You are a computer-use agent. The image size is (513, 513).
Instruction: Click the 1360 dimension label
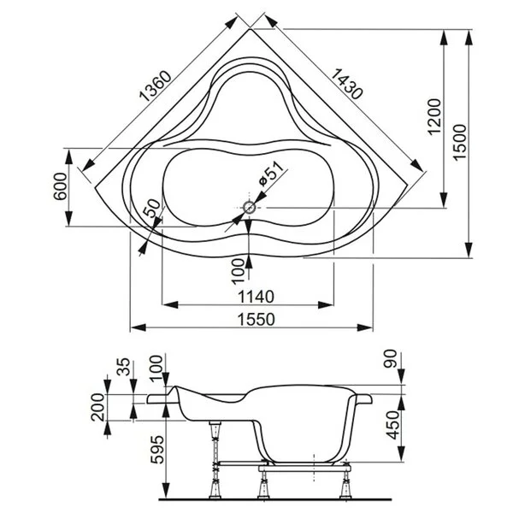click(x=156, y=85)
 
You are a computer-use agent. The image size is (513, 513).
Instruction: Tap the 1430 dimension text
click(x=347, y=84)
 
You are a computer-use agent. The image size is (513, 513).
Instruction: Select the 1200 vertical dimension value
click(x=434, y=116)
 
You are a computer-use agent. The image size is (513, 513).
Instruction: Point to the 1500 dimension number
click(x=459, y=142)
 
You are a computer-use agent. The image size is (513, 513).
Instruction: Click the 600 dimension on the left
click(x=60, y=186)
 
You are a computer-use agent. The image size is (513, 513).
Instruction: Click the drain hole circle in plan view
click(x=250, y=208)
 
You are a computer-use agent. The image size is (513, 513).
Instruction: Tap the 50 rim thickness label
click(x=152, y=209)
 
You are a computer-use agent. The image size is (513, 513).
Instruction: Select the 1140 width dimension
click(x=256, y=297)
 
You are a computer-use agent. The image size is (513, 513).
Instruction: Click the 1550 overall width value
click(x=256, y=320)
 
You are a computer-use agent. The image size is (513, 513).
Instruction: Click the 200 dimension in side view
click(x=97, y=407)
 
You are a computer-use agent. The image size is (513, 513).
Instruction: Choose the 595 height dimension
click(x=157, y=449)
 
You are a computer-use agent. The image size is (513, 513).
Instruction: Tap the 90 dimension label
click(x=391, y=359)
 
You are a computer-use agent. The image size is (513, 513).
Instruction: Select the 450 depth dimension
click(x=393, y=425)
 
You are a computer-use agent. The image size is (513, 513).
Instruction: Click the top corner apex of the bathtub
click(x=250, y=29)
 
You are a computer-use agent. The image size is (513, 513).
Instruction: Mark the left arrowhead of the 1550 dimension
click(x=138, y=327)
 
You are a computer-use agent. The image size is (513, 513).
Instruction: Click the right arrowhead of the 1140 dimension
click(x=326, y=305)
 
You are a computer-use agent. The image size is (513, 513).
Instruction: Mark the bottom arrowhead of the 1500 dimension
click(x=469, y=250)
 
